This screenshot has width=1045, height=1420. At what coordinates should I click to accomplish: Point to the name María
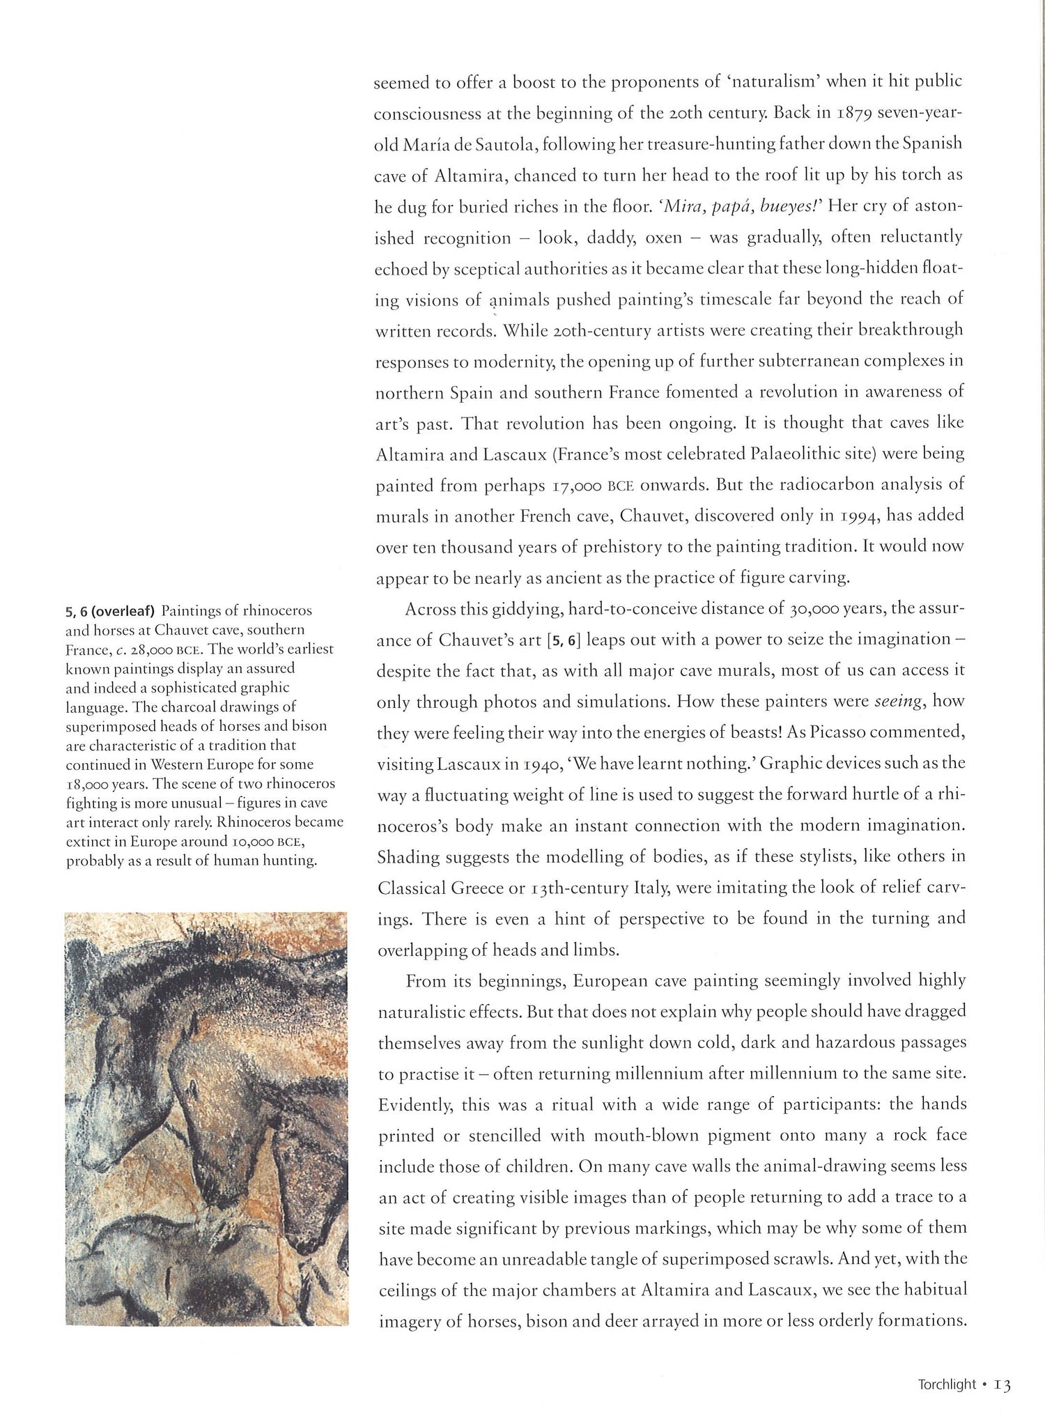(x=424, y=144)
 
